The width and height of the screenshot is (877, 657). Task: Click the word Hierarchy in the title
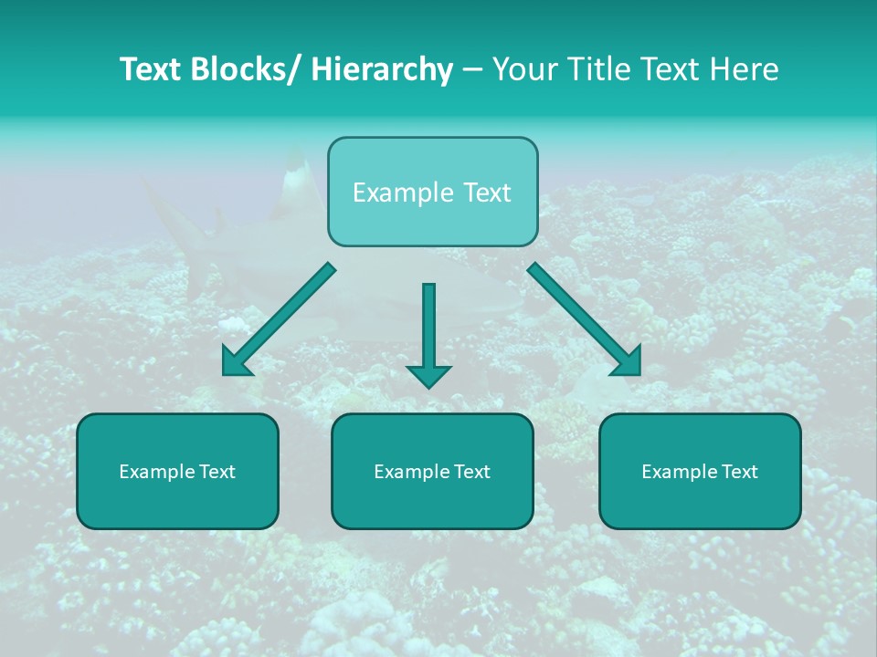(382, 69)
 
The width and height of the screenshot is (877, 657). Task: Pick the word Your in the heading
(521, 69)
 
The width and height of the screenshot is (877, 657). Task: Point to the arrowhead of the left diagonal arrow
(236, 363)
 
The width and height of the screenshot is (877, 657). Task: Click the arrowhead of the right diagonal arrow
(628, 363)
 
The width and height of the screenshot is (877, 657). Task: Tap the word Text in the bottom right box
(739, 472)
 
